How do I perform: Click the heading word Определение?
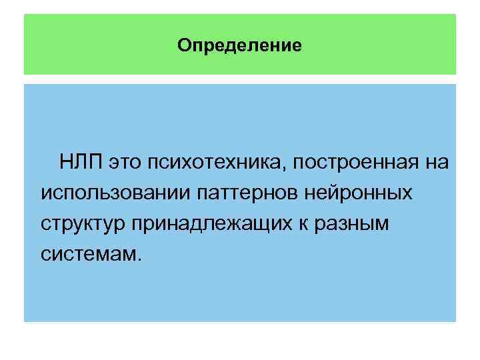pos(240,46)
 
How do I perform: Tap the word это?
pos(127,163)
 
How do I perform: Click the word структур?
pos(83,224)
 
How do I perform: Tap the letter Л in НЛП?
pos(81,163)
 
